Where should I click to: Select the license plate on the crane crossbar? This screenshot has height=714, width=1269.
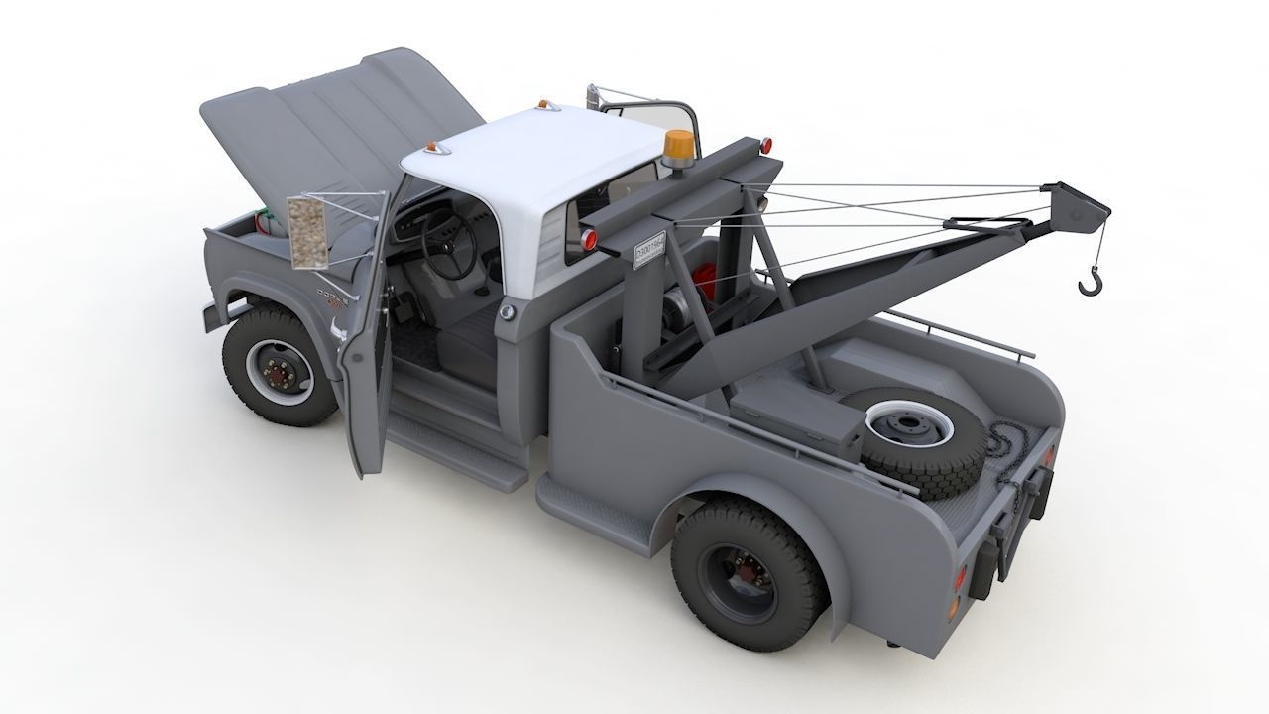(x=649, y=249)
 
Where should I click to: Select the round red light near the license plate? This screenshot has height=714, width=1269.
(x=590, y=239)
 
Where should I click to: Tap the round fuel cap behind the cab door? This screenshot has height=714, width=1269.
(x=508, y=312)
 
